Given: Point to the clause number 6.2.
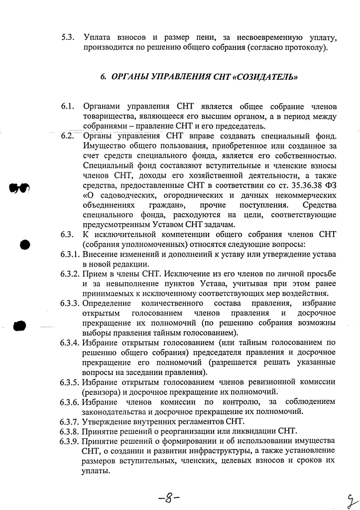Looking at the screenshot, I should tap(68, 135).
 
